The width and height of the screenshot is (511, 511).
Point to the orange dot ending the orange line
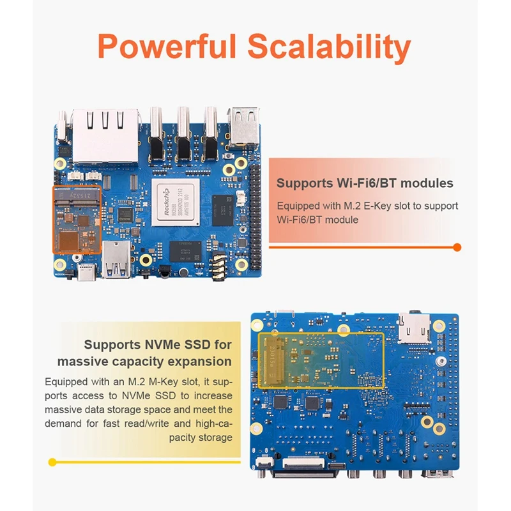(x=457, y=247)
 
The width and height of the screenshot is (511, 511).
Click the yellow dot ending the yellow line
(x=52, y=461)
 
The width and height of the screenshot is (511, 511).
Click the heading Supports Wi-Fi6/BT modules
(x=365, y=183)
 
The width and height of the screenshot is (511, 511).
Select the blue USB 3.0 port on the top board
(x=116, y=259)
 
